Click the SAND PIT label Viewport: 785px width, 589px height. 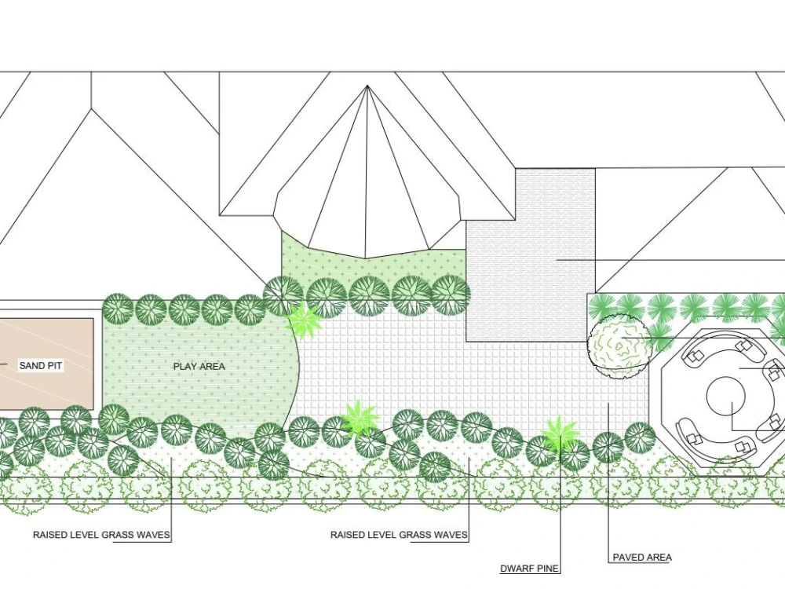(41, 366)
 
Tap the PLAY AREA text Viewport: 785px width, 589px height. (199, 366)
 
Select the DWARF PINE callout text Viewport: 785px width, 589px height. (529, 569)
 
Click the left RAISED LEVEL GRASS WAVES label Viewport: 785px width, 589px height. (101, 534)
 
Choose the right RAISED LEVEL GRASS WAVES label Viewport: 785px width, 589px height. (399, 534)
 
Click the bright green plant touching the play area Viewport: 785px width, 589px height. (303, 321)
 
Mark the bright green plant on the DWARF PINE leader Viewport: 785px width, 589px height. (560, 435)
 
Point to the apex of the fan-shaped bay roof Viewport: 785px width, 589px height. (367, 86)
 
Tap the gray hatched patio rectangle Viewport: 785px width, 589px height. (531, 255)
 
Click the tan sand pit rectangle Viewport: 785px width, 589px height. (46, 364)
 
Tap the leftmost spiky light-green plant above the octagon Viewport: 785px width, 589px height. (603, 306)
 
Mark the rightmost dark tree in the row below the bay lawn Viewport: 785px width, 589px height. (450, 294)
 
